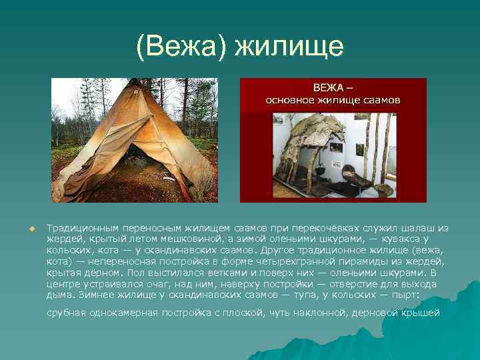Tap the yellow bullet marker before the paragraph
31,228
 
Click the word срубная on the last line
67,313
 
